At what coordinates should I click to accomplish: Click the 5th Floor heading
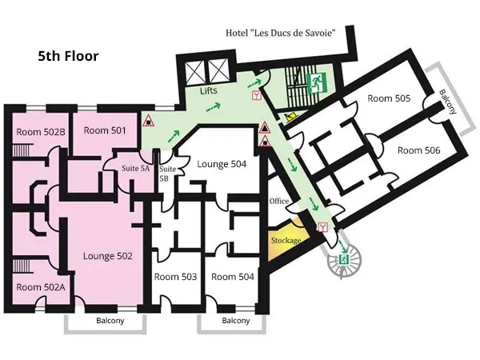(68, 56)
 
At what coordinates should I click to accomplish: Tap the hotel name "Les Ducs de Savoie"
(280, 33)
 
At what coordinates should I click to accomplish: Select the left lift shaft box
(195, 71)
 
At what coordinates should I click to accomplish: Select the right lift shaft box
(218, 71)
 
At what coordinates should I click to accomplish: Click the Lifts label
(209, 90)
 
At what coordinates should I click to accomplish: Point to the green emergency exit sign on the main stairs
(317, 83)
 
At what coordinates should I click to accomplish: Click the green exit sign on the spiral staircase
(344, 260)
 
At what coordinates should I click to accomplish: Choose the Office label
(279, 201)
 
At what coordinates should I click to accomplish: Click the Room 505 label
(389, 98)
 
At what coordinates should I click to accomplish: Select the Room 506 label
(418, 150)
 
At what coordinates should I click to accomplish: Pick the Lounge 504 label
(222, 164)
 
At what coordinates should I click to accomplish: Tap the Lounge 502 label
(108, 256)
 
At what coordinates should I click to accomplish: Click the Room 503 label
(175, 277)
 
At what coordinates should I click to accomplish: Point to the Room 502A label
(41, 287)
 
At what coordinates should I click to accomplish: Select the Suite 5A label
(136, 168)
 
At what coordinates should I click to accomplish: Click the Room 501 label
(105, 130)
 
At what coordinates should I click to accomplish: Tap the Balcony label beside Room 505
(448, 102)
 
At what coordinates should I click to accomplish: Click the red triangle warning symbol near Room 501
(149, 121)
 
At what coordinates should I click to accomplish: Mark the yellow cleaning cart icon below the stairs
(290, 117)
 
